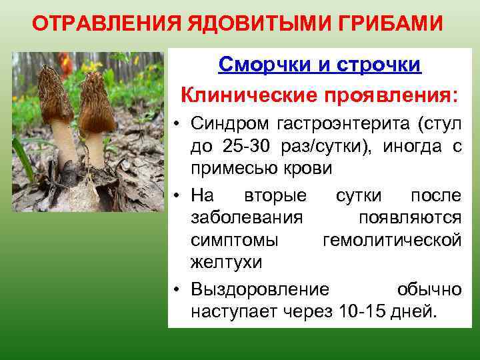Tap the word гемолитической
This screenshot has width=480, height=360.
tap(391, 240)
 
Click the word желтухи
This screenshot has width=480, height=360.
tap(226, 263)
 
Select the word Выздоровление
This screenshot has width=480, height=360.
tap(260, 289)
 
